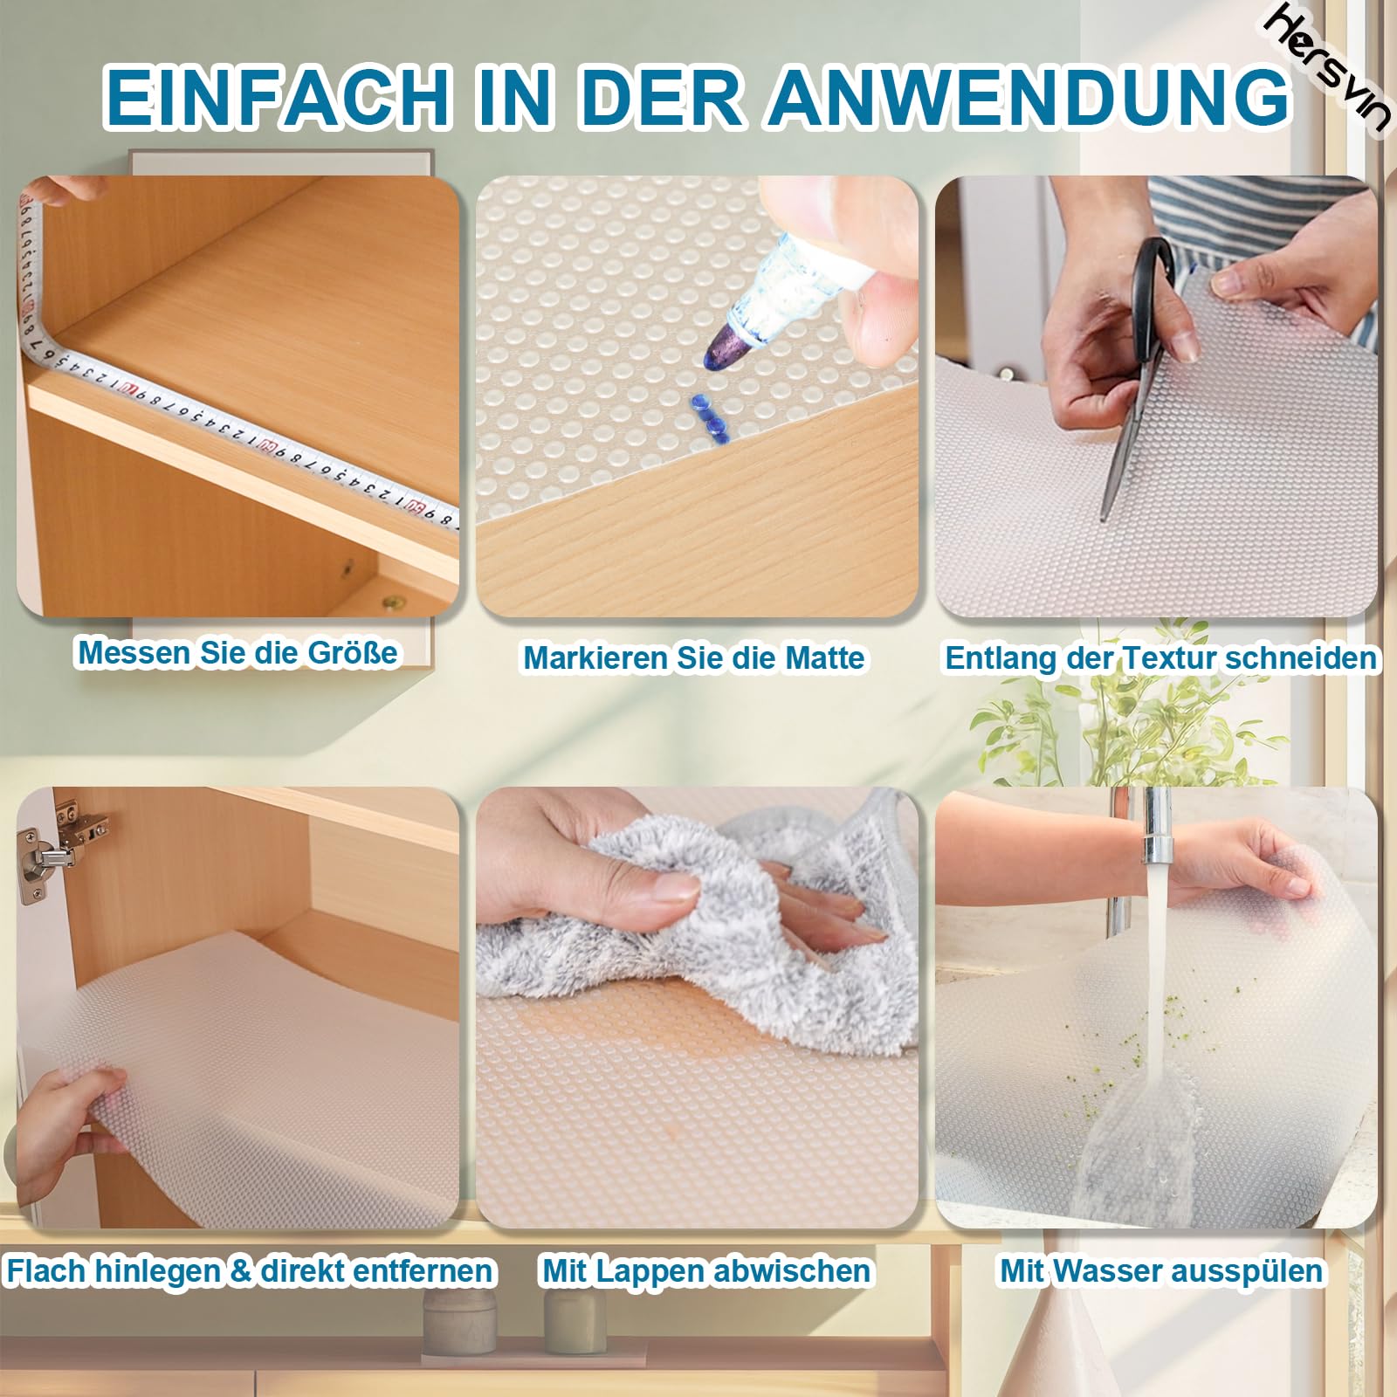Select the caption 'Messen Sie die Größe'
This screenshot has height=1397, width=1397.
click(x=237, y=652)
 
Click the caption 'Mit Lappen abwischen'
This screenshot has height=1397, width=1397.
click(x=706, y=1270)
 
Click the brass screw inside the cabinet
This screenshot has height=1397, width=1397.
click(x=396, y=602)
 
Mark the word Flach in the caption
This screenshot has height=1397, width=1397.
click(x=48, y=1270)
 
